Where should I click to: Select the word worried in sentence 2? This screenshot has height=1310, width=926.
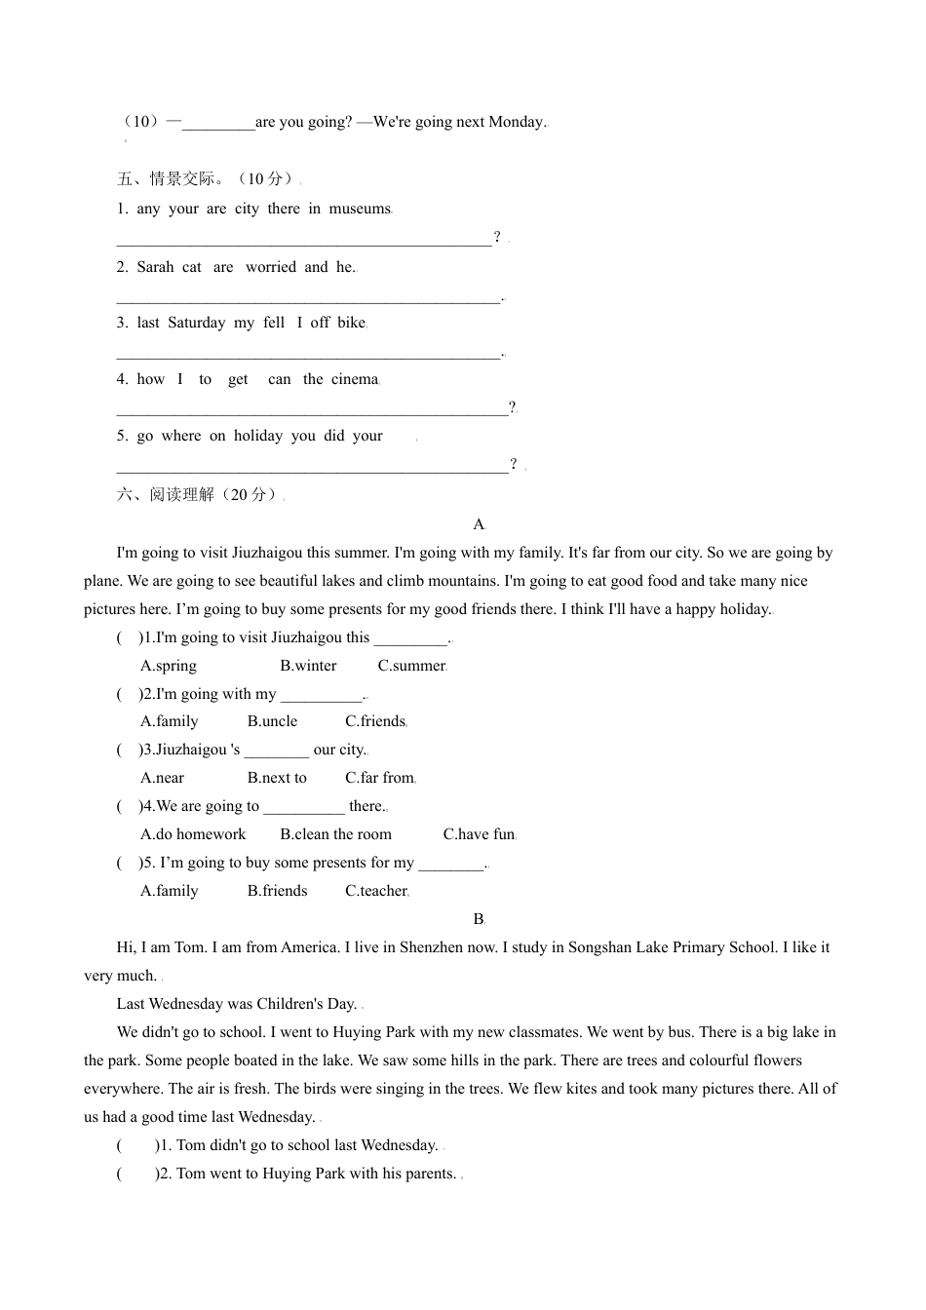click(x=270, y=267)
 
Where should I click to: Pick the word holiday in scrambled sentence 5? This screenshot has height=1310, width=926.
click(x=257, y=436)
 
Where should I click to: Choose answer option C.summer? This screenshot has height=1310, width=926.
click(x=411, y=666)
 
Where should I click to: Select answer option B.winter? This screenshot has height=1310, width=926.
click(x=308, y=666)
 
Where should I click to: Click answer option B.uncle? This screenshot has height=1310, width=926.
click(x=272, y=721)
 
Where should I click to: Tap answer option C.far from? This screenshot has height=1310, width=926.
click(x=379, y=778)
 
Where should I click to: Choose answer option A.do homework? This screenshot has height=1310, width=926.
click(x=193, y=834)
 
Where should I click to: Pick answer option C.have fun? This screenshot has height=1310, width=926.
click(x=479, y=834)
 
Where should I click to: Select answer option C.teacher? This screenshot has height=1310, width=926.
click(x=376, y=891)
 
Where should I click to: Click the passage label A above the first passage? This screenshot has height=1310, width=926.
click(x=479, y=524)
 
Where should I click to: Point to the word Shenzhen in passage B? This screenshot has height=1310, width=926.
click(x=431, y=947)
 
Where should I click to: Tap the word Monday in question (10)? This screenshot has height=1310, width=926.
click(x=516, y=122)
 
